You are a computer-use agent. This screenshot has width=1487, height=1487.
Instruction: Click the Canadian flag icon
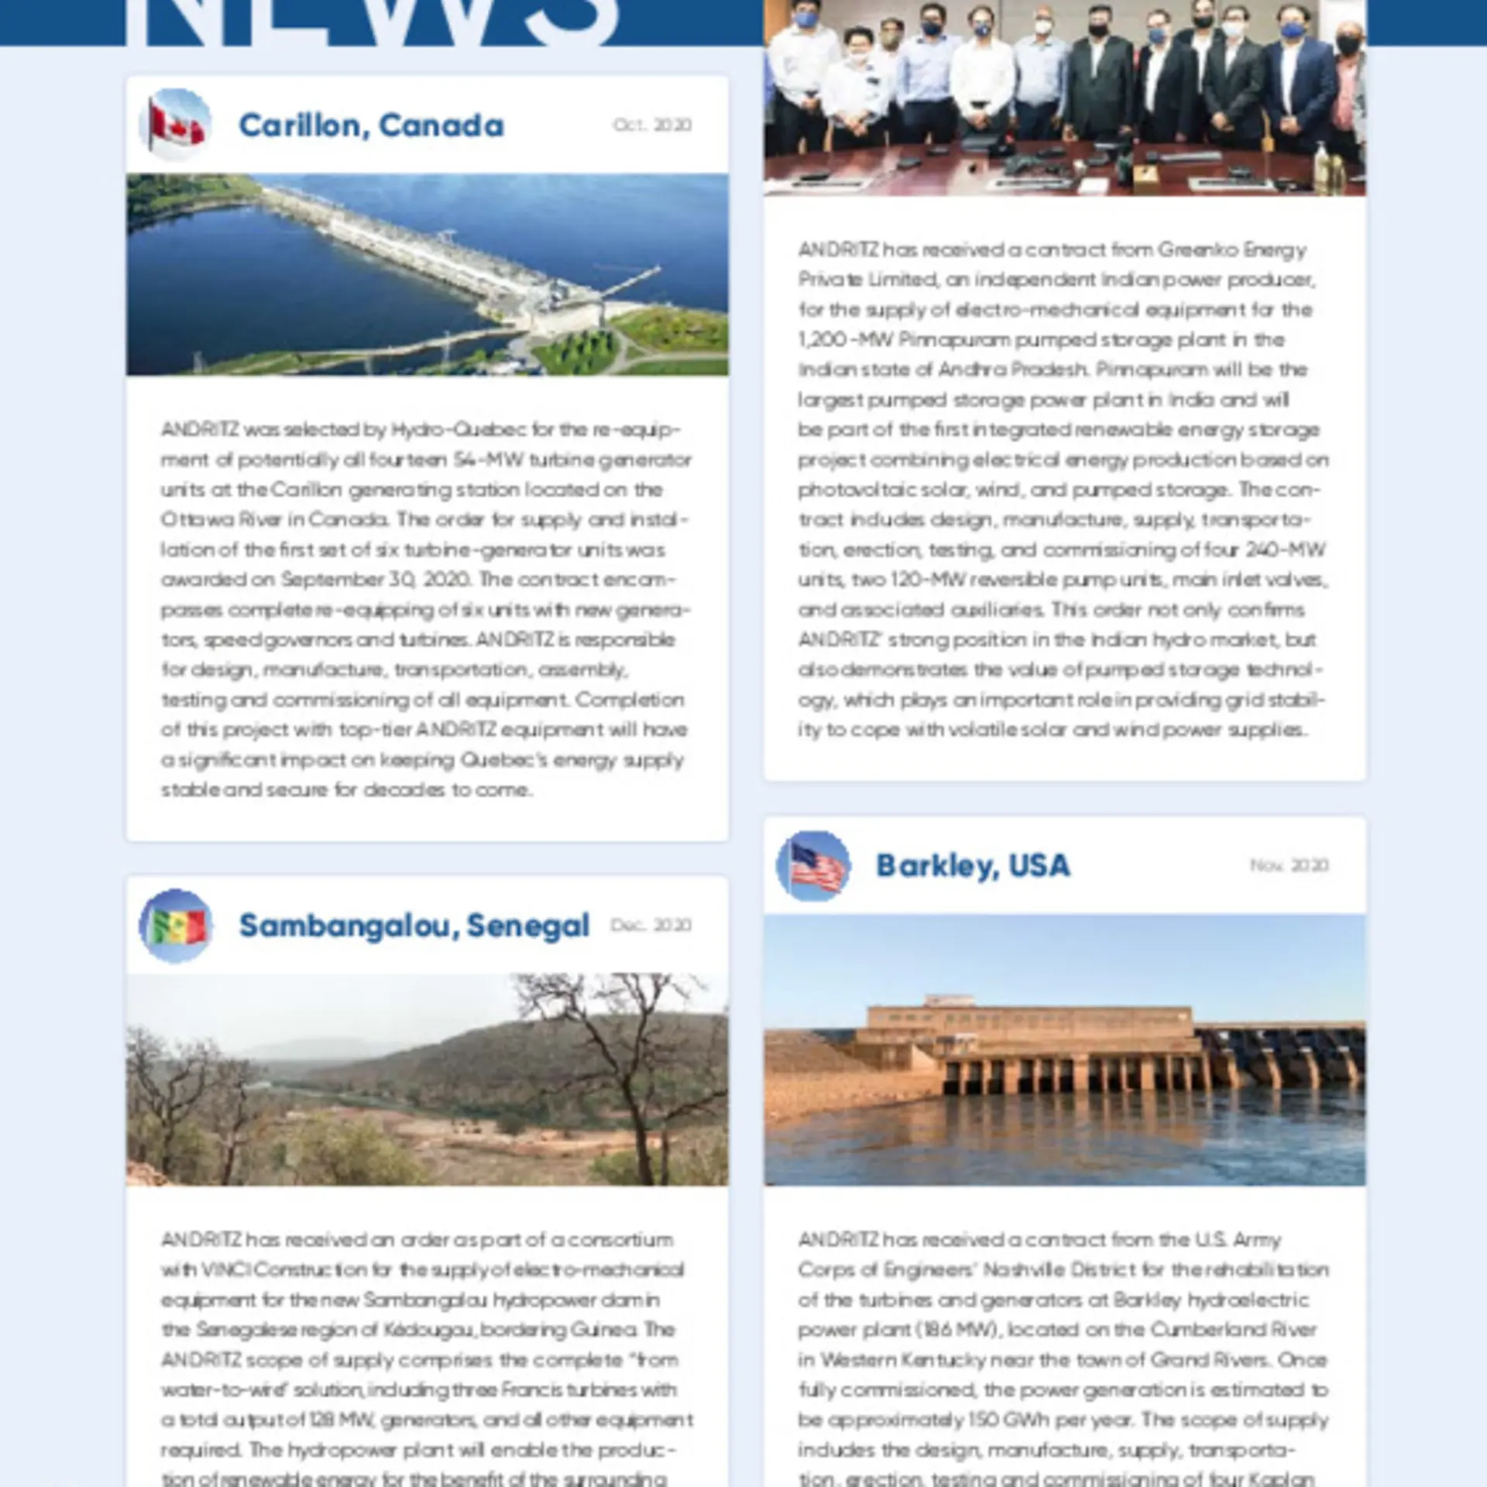(176, 125)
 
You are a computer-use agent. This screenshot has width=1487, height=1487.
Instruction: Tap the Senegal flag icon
(176, 926)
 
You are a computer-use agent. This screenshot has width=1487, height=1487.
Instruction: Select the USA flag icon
(813, 866)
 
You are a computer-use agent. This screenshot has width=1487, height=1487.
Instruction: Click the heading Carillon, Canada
(371, 125)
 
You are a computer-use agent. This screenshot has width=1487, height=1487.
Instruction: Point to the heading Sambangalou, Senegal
(414, 926)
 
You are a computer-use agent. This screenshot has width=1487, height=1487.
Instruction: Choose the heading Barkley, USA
(973, 866)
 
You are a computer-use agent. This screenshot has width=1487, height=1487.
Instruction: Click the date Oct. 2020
(652, 125)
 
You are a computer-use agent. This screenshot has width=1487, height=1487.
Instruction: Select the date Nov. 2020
(1289, 866)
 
